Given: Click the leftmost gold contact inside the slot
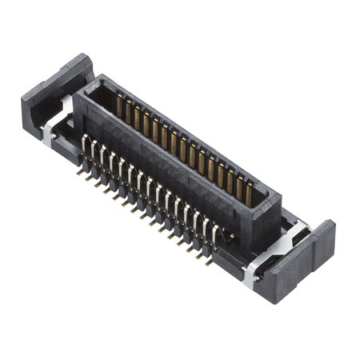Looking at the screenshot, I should tap(119, 105).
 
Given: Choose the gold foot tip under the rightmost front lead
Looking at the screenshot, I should tap(210, 260).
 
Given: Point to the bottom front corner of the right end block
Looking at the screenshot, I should tap(276, 301).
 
